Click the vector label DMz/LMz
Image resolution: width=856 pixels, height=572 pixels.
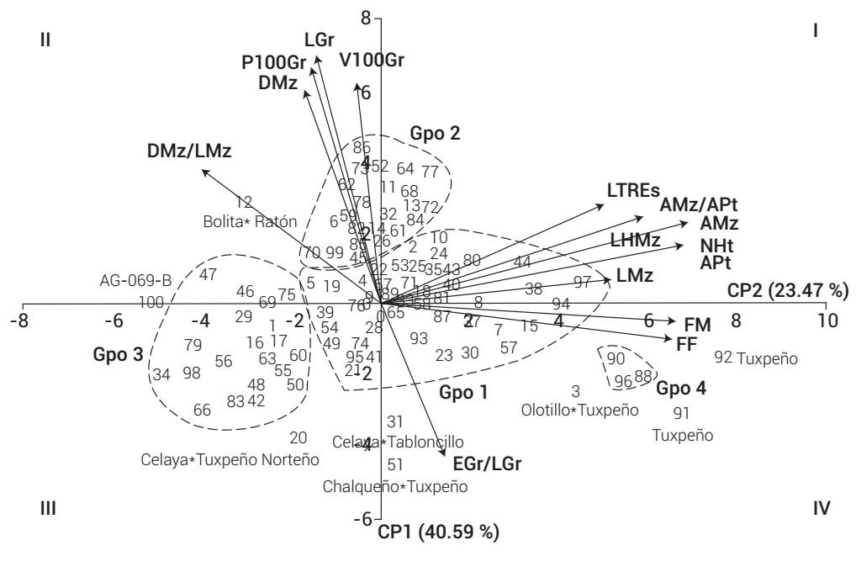189,151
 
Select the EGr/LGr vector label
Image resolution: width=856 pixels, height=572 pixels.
487,463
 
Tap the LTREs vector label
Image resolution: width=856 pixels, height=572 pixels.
633,189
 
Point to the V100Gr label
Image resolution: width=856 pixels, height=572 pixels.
373,60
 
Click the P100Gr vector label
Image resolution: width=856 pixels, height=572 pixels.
273,62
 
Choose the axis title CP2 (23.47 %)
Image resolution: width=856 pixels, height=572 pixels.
788,290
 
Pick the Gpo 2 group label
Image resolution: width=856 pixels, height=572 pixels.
435,133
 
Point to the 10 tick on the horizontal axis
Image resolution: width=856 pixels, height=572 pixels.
828,321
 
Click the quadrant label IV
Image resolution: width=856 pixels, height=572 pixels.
822,508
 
